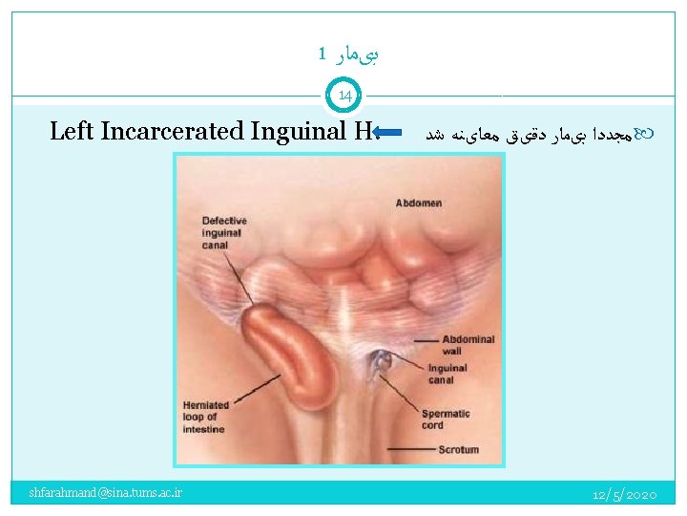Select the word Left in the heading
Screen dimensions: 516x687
[x=70, y=131]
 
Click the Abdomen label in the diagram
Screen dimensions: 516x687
[x=419, y=203]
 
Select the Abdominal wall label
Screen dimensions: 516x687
[x=468, y=345]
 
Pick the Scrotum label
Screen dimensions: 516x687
[x=458, y=448]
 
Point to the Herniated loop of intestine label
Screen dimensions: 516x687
[x=204, y=418]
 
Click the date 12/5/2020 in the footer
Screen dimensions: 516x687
[x=624, y=494]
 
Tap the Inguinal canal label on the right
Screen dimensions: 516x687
[x=448, y=374]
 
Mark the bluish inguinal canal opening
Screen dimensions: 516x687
[x=384, y=360]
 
